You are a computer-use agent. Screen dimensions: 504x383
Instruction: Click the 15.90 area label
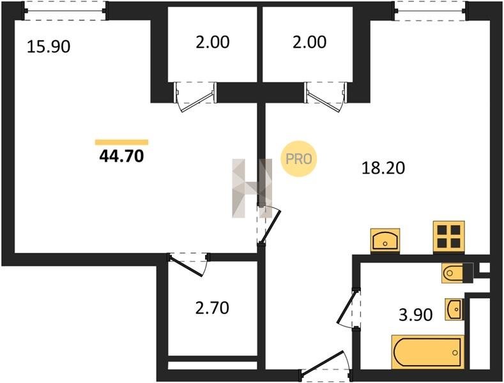49,47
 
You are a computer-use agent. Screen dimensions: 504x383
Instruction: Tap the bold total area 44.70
121,156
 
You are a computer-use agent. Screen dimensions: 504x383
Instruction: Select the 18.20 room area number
383,168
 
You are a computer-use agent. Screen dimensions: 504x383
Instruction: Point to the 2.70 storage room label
212,308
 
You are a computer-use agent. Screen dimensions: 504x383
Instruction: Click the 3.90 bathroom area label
416,315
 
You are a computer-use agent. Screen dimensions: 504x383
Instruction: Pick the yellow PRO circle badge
299,159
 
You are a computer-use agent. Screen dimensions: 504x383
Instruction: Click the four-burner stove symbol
448,237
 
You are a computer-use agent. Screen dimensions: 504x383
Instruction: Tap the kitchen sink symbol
385,241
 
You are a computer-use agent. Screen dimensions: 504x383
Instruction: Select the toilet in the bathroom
457,273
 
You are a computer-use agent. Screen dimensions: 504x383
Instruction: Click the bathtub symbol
428,352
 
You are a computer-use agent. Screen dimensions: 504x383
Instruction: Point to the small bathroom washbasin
455,309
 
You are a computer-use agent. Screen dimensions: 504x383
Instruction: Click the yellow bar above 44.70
121,142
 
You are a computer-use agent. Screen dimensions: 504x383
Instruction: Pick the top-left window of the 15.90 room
65,11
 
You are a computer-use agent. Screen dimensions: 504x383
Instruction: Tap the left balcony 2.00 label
213,42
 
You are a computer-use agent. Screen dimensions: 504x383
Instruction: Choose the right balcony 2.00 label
309,42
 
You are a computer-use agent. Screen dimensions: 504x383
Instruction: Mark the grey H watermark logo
252,188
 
